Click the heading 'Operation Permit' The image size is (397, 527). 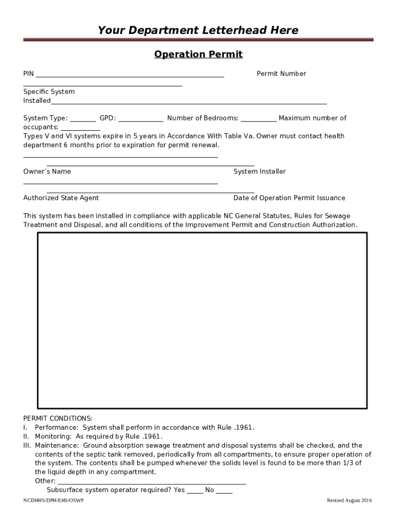(x=198, y=55)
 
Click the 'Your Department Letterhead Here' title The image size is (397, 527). (x=198, y=30)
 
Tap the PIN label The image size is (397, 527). (x=28, y=74)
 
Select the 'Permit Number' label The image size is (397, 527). (x=281, y=74)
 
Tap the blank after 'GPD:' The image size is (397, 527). (x=141, y=119)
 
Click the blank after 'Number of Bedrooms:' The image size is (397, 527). (x=258, y=119)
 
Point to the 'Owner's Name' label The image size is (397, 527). (x=47, y=171)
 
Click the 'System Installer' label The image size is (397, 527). (x=259, y=171)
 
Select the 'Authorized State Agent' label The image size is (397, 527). (x=61, y=198)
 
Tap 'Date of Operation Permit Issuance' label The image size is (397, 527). (x=289, y=198)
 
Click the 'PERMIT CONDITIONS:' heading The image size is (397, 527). (x=58, y=418)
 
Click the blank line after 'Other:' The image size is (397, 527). (x=152, y=482)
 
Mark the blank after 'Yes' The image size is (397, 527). (x=194, y=491)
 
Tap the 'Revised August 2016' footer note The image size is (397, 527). (x=349, y=501)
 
